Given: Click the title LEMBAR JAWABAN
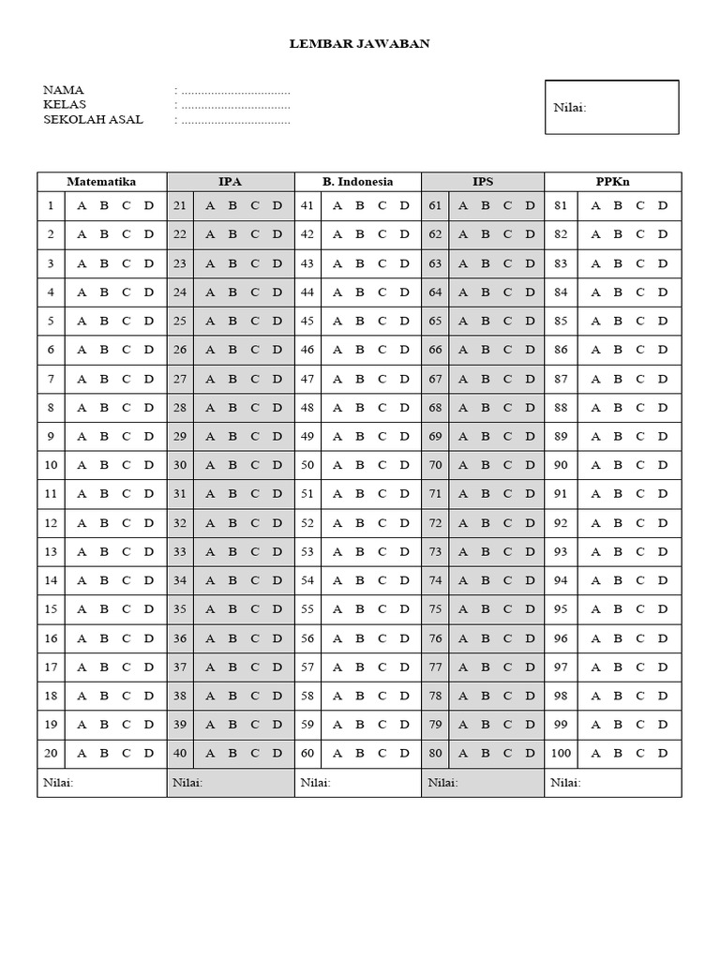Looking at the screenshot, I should (360, 43).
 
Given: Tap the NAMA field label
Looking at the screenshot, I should (64, 90).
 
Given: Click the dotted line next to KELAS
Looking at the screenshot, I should (235, 105).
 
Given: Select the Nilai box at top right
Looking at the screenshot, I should (611, 107).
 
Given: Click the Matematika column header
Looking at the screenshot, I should (101, 182).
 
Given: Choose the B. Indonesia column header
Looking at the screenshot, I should (358, 182).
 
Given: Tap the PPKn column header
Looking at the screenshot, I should (612, 182).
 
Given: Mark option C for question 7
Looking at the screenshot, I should (126, 379).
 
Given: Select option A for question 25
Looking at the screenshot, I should (209, 321).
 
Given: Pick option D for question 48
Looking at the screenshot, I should (404, 408).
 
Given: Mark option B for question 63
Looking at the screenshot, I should (485, 263).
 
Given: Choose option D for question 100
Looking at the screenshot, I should (663, 753).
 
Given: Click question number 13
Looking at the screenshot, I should (51, 552).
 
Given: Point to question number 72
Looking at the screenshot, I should (435, 523).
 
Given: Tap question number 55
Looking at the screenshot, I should (307, 609).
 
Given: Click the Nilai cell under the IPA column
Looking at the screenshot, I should (231, 783).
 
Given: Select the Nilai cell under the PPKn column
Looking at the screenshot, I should (612, 783).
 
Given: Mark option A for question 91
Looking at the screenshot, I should (595, 494).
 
